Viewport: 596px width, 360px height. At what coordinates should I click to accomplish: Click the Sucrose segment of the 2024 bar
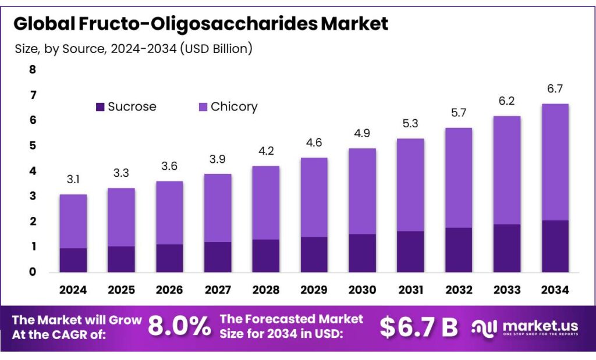[x=73, y=260]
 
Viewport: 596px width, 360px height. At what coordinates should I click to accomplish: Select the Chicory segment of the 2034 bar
[x=555, y=162]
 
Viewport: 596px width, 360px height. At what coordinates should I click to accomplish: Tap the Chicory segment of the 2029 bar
[x=314, y=197]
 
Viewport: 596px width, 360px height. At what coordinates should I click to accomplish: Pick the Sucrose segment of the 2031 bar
[x=410, y=251]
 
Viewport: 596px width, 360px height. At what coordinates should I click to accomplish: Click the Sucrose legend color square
[x=100, y=107]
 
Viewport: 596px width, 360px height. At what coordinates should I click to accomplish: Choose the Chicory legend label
[x=234, y=107]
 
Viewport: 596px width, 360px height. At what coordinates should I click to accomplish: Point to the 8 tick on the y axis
[x=33, y=70]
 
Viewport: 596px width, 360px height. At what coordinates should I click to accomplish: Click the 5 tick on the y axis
[x=33, y=145]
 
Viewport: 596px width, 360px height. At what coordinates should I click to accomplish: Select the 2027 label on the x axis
[x=218, y=290]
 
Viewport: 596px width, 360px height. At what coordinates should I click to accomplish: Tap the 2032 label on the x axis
[x=459, y=290]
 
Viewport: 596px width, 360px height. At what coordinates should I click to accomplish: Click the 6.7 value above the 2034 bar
[x=555, y=89]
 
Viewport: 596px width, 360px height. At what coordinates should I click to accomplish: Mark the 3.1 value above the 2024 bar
[x=73, y=180]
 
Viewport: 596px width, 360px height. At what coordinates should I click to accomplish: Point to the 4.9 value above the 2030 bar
[x=362, y=134]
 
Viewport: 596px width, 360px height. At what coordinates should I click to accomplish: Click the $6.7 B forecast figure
[x=419, y=327]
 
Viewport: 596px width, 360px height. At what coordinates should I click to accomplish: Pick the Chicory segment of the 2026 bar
[x=169, y=213]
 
